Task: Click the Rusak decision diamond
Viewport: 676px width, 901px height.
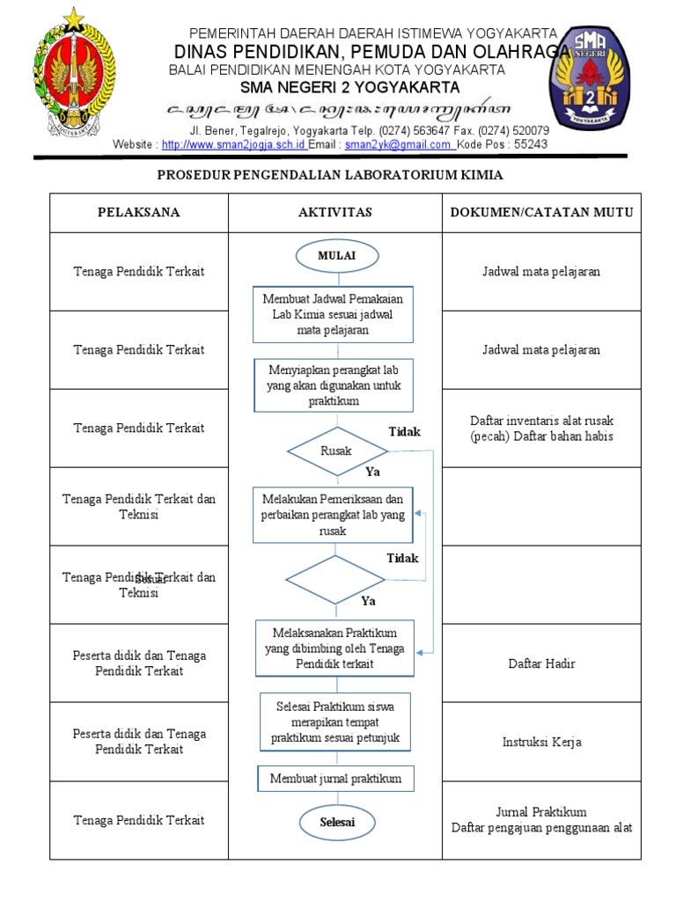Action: tap(336, 450)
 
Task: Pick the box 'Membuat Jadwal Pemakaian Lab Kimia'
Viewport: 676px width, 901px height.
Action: tap(334, 314)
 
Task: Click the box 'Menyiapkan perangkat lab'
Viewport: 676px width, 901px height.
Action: tap(334, 385)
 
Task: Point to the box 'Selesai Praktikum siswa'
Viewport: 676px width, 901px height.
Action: tap(335, 723)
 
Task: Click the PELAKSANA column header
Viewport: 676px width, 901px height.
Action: tap(139, 212)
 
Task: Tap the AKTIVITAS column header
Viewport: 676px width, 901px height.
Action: tap(335, 212)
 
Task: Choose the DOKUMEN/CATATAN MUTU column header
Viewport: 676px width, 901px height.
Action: tap(541, 212)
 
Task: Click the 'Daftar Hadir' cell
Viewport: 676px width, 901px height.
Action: tap(541, 663)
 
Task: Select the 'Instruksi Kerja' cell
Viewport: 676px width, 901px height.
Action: tap(541, 742)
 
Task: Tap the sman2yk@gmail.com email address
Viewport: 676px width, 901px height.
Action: tap(399, 144)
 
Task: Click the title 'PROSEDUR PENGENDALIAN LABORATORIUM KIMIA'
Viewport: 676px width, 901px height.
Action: tap(330, 175)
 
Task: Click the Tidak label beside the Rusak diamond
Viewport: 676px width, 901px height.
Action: tap(405, 432)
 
